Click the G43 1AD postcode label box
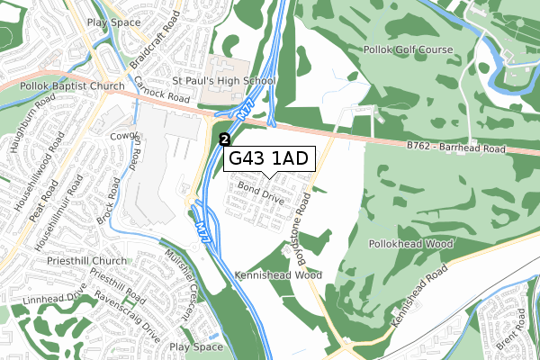tap(269, 158)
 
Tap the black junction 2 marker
tap(225, 139)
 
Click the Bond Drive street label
tap(261, 192)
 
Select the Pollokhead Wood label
tap(409, 244)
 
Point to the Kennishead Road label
tap(419, 296)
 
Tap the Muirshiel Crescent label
tap(179, 284)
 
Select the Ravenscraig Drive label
tap(125, 310)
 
